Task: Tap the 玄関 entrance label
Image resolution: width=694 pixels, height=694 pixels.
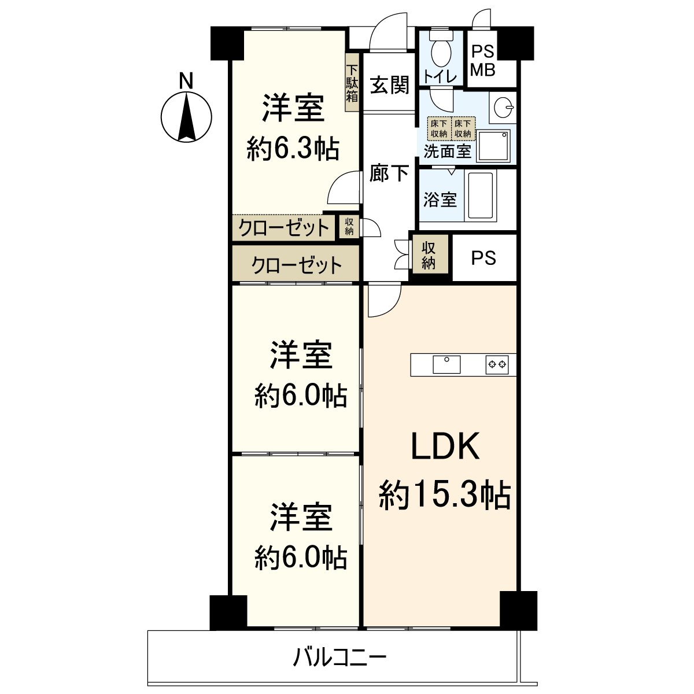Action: [390, 86]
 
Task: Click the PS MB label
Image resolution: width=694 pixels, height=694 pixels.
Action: [483, 61]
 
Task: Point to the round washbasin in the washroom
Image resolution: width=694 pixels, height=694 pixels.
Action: [503, 106]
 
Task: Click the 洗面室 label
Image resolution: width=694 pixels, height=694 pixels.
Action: [447, 151]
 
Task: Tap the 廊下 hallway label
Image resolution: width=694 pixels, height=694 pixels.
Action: [389, 173]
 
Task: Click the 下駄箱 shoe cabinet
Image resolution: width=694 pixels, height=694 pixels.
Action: [352, 83]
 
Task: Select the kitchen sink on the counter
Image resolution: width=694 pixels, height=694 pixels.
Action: [446, 364]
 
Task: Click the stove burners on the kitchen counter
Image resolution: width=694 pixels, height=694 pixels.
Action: [497, 364]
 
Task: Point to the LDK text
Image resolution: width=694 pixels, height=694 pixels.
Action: [445, 445]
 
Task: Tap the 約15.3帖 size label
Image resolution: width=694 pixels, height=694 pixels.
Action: [445, 495]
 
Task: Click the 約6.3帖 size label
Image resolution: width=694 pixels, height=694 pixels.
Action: [293, 150]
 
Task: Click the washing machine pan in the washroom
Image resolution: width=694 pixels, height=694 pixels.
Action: [493, 146]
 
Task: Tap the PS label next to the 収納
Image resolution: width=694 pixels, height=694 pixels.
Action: [483, 257]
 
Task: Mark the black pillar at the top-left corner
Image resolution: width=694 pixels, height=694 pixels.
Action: [227, 43]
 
